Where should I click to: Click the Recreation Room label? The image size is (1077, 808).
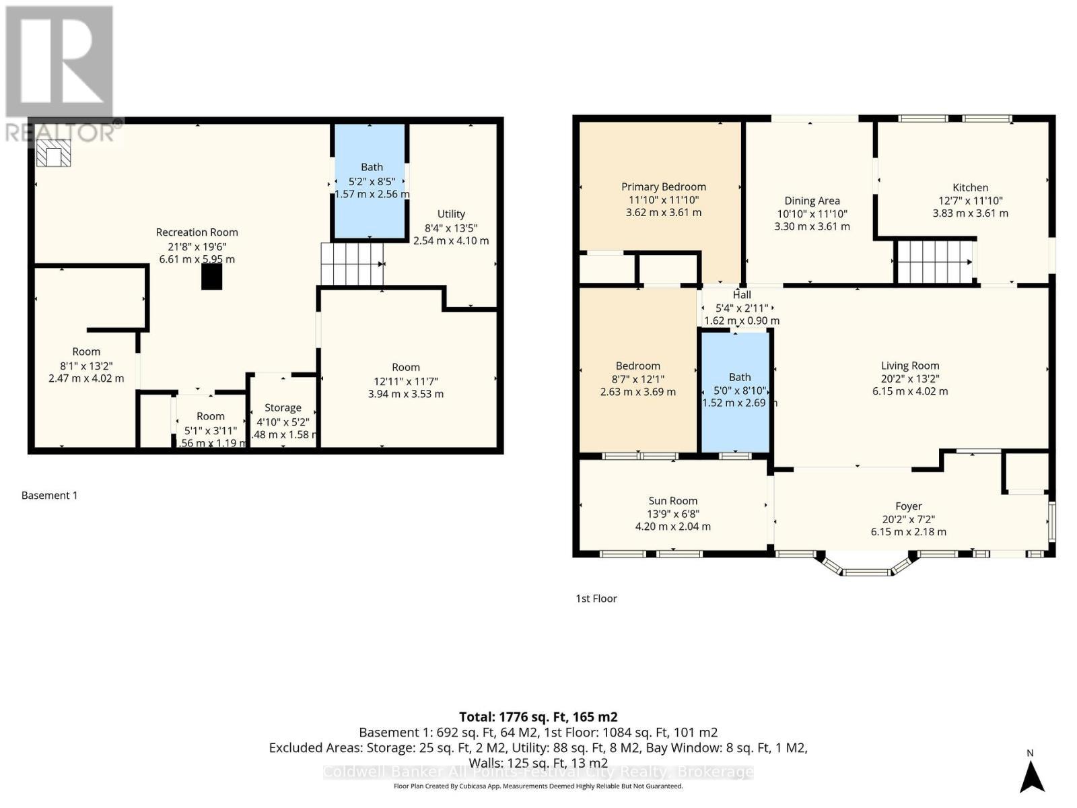click(x=197, y=232)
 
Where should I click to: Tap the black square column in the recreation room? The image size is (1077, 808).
click(x=211, y=277)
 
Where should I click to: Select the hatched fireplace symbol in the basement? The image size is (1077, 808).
click(x=53, y=154)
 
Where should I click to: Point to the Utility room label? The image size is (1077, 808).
click(x=451, y=214)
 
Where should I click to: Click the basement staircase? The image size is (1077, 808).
click(x=351, y=264)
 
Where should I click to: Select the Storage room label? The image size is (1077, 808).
click(x=283, y=408)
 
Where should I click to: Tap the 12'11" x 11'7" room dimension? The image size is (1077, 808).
click(x=405, y=381)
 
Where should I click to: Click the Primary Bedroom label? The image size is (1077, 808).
click(x=663, y=187)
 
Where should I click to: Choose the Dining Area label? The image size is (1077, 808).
click(x=812, y=201)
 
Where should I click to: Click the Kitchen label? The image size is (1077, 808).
click(x=970, y=188)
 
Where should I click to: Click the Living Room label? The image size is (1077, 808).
click(x=910, y=366)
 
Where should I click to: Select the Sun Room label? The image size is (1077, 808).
click(x=672, y=501)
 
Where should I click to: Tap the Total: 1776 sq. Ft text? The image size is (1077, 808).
click(x=538, y=717)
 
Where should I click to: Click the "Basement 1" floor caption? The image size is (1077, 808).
click(x=49, y=496)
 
